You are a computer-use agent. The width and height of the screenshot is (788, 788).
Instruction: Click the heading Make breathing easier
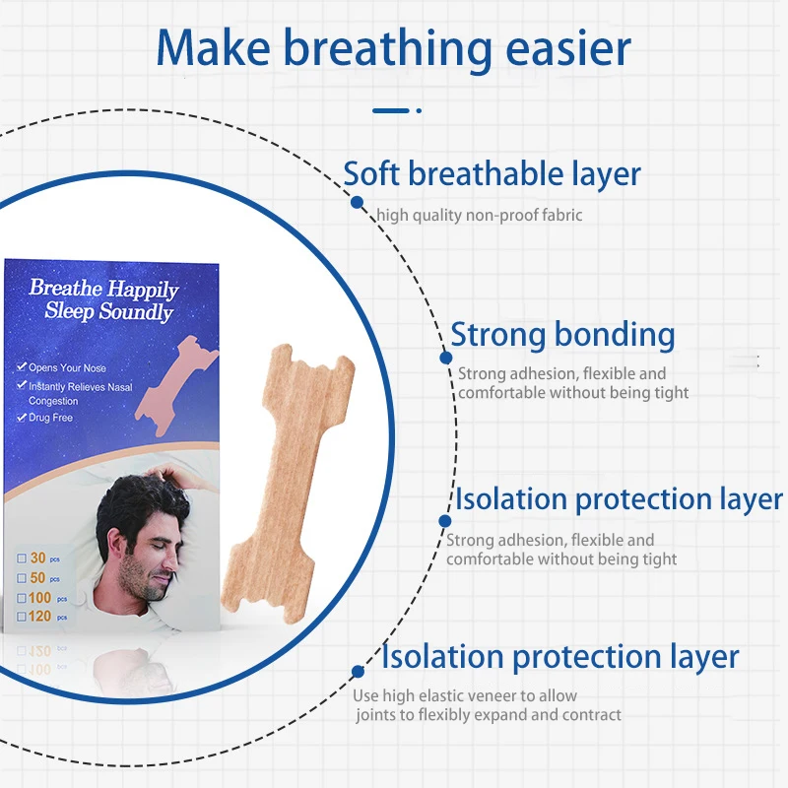[x=393, y=49]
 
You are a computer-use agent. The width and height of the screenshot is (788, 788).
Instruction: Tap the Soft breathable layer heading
[x=492, y=174]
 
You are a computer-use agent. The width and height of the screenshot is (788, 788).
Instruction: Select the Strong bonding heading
[x=562, y=334]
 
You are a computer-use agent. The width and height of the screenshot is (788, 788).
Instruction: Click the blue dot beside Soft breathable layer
[x=357, y=202]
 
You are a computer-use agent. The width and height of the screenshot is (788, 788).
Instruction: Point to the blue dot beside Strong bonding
[x=446, y=358]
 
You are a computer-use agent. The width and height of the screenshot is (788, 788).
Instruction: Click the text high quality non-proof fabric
[x=480, y=215]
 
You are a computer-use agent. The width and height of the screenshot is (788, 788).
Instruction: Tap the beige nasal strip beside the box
[x=289, y=483]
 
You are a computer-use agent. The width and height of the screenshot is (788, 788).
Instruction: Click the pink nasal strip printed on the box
[x=176, y=385]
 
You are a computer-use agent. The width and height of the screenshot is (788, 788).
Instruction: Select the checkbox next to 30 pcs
[x=22, y=558]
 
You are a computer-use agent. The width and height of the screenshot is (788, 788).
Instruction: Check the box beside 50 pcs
[x=22, y=578]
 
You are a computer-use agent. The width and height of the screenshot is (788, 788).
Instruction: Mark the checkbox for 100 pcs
[x=22, y=598]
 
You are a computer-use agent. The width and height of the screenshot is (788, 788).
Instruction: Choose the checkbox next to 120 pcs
[x=22, y=617]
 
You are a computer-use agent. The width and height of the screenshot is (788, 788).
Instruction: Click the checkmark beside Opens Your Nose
[x=21, y=366]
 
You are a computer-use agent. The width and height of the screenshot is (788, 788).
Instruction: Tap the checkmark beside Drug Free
[x=21, y=417]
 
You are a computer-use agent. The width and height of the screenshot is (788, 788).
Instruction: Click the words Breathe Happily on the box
[x=104, y=289]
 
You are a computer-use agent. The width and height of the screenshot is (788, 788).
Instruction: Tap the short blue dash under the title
[x=391, y=110]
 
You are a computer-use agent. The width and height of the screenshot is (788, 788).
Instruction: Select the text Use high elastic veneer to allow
[x=465, y=696]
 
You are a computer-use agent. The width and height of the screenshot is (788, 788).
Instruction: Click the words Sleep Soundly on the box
[x=109, y=311]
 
